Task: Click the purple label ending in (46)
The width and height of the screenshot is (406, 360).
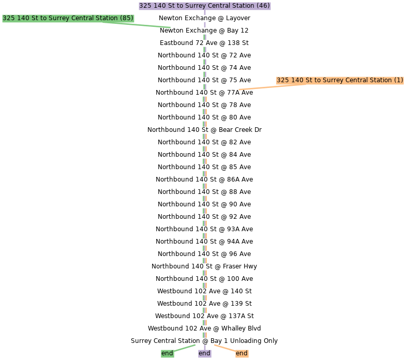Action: (x=204, y=6)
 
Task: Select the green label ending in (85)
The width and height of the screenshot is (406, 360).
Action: (x=68, y=18)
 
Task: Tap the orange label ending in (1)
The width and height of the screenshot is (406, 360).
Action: (x=340, y=80)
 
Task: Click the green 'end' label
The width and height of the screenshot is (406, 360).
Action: (x=167, y=353)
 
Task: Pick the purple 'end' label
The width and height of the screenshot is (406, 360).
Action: (x=205, y=353)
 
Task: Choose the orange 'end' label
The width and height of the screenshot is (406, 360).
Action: (x=242, y=353)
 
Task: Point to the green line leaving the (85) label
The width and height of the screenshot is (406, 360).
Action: (x=145, y=25)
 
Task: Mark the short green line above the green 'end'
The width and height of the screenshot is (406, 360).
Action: (x=185, y=348)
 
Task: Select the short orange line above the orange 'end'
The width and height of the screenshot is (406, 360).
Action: (x=224, y=348)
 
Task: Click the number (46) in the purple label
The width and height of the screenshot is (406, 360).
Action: (x=263, y=6)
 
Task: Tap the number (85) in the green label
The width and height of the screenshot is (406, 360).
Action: (x=126, y=18)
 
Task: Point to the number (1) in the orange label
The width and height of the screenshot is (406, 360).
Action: (x=398, y=80)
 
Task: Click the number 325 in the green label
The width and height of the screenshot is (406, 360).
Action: (x=8, y=18)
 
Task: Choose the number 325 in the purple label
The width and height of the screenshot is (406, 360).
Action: (x=145, y=6)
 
